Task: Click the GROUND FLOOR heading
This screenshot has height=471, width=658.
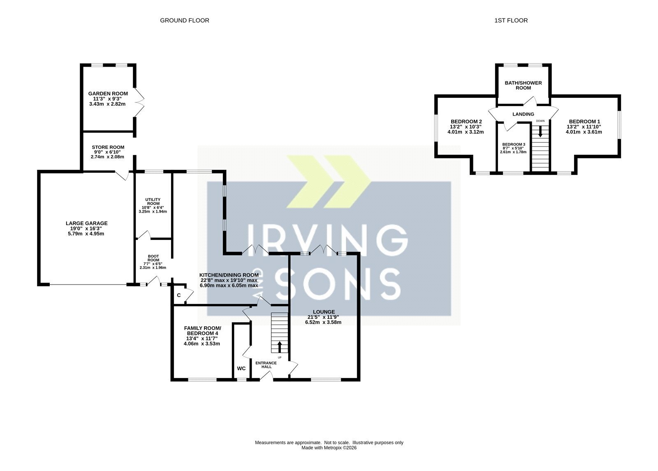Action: click(185, 21)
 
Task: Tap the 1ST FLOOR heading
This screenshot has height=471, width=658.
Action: click(511, 21)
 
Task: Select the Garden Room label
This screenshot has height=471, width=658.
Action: click(108, 94)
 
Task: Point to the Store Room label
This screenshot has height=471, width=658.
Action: click(108, 147)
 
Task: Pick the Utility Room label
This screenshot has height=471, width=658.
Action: click(153, 202)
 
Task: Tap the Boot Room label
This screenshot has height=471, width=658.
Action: click(153, 258)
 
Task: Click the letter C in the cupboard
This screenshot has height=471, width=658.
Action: click(178, 295)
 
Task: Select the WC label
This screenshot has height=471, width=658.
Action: click(241, 369)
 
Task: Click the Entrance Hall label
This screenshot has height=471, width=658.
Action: click(266, 364)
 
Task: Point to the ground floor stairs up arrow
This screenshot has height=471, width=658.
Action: click(279, 347)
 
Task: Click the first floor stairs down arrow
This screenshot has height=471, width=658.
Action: click(540, 131)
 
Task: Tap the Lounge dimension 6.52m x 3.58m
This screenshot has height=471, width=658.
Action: click(323, 322)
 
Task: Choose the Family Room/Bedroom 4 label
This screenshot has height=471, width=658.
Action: click(202, 331)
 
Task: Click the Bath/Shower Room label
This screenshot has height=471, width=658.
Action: click(523, 85)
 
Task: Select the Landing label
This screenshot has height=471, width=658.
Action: click(523, 114)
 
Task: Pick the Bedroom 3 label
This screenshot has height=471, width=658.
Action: click(514, 144)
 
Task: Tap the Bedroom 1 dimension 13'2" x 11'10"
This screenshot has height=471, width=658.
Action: click(584, 127)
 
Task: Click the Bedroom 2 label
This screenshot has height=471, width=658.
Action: click(466, 121)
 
